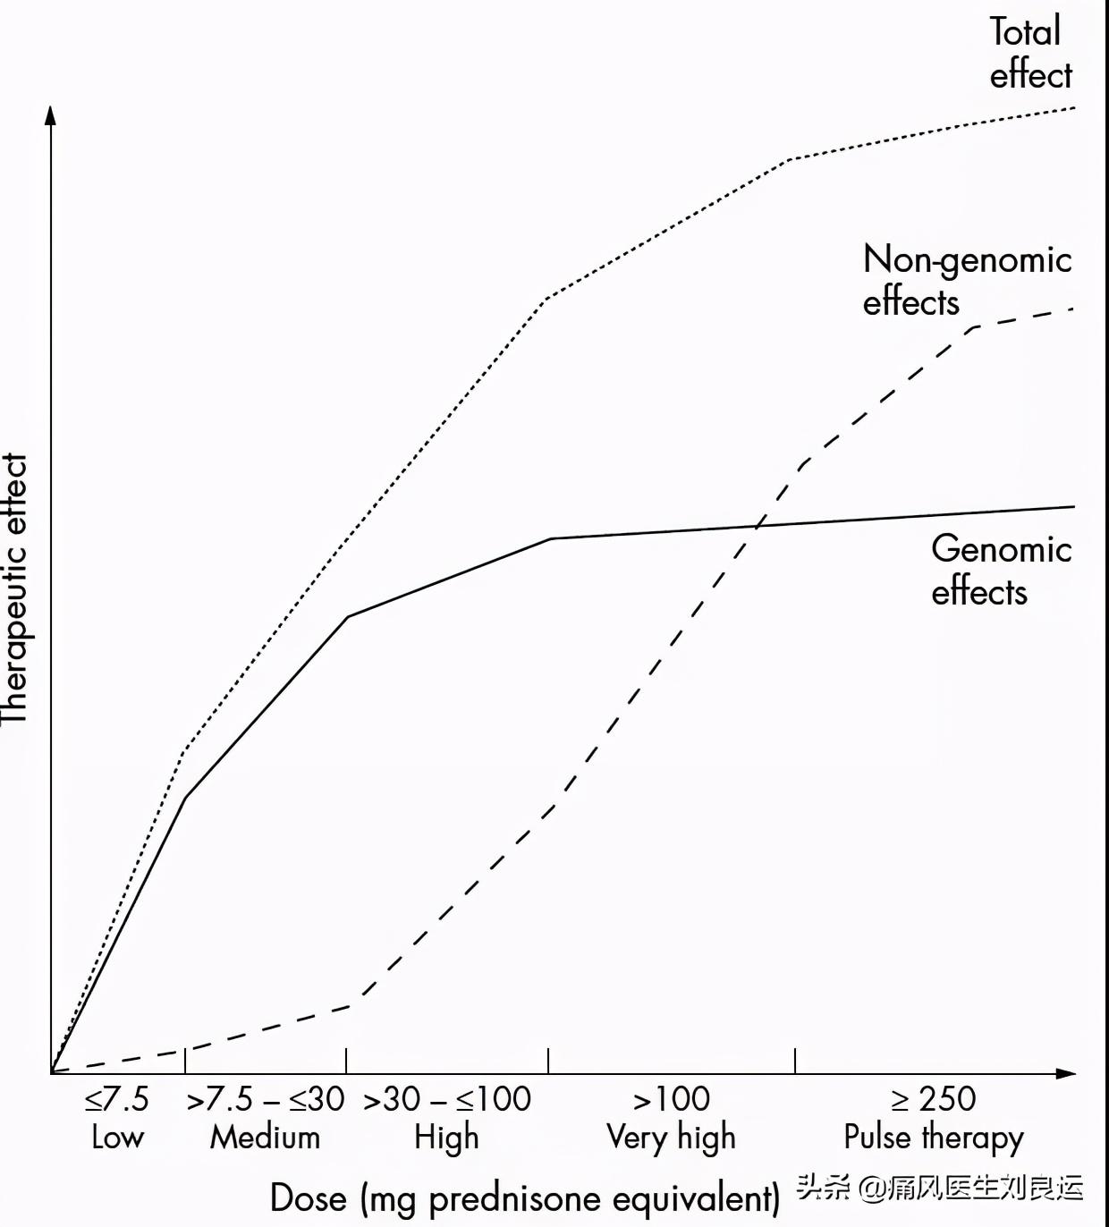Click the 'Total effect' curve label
pos(1029,54)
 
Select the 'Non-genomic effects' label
pos(967,280)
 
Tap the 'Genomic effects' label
pos(1001,570)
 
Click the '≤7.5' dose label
pos(117,1099)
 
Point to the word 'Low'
pos(117,1138)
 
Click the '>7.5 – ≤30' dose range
pos(266,1099)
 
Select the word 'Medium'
pos(266,1138)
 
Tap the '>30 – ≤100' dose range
pos(447,1099)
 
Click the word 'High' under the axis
pos(447,1138)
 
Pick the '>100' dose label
pos(672,1099)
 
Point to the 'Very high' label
pos(672,1138)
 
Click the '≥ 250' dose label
pos(934,1099)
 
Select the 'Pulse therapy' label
pos(934,1138)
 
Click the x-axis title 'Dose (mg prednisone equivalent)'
pos(525,1198)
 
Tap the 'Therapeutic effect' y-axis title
pos(15,588)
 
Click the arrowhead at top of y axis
pos(51,114)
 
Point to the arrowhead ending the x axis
pos(1066,1072)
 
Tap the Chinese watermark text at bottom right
pos(940,1188)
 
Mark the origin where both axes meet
pos(51,1072)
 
